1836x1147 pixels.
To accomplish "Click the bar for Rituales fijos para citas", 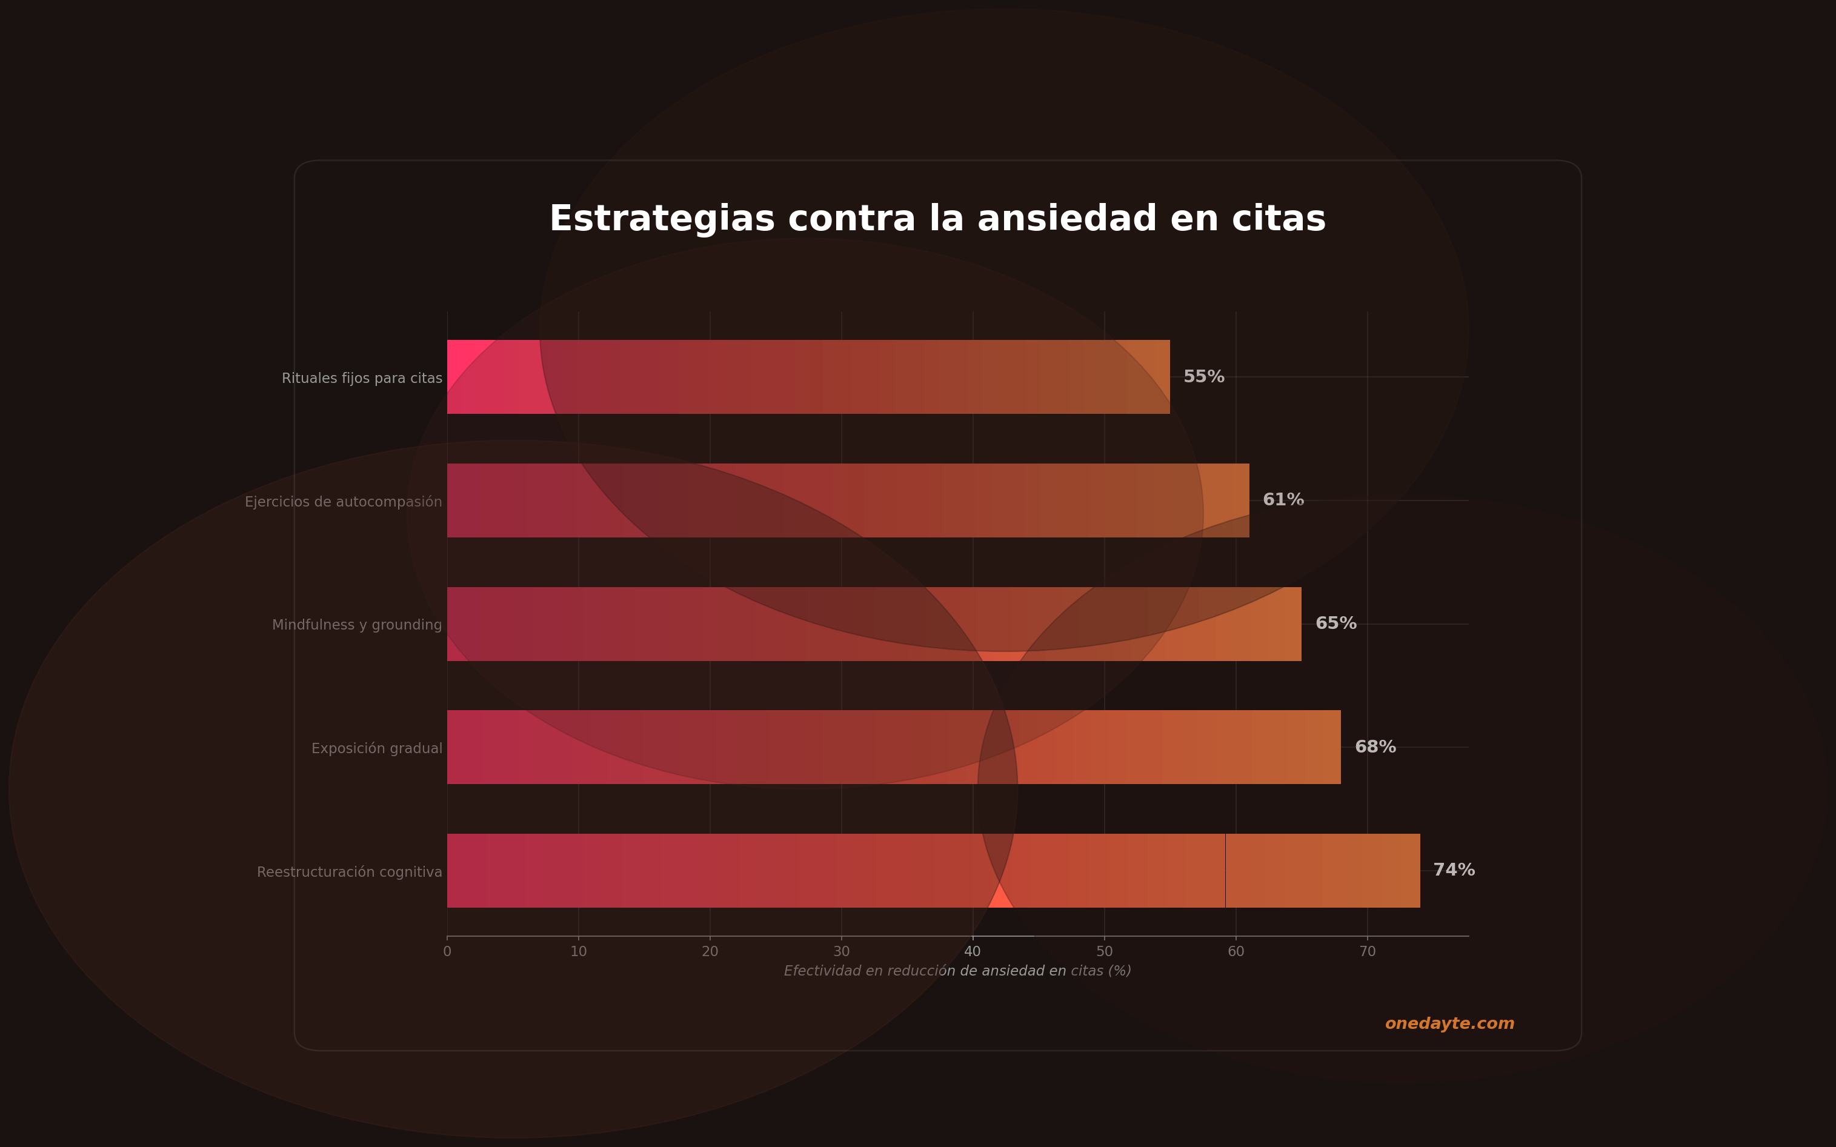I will [x=808, y=377].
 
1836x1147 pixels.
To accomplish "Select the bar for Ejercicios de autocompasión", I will [x=848, y=500].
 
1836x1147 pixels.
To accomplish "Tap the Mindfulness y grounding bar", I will [x=874, y=623].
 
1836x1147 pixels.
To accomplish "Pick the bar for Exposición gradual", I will [x=894, y=747].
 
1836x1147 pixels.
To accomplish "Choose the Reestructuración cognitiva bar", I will [x=933, y=870].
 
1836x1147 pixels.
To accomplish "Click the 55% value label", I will [x=1203, y=377].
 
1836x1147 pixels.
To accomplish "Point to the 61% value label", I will [x=1283, y=500].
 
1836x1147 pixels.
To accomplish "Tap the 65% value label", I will [x=1335, y=623].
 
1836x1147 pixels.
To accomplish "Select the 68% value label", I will [x=1375, y=747].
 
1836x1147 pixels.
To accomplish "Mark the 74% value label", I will [x=1454, y=870].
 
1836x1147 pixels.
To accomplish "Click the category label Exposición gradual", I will [x=376, y=749].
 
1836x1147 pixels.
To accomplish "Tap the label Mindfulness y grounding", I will [x=356, y=625].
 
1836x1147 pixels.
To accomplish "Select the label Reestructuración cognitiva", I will [x=349, y=873].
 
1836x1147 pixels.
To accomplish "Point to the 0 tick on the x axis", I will [x=447, y=952].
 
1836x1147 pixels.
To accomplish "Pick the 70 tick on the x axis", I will [x=1367, y=952].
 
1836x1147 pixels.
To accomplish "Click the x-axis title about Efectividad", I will [x=957, y=971].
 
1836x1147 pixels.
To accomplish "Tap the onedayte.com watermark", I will [x=1449, y=1024].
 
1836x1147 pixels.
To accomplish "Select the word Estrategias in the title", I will [x=662, y=219].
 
